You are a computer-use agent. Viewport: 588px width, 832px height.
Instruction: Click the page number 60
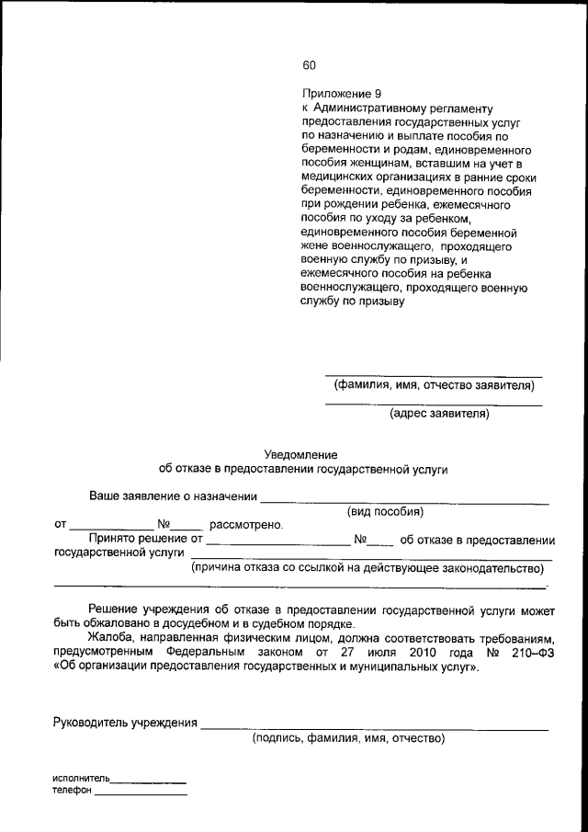309,65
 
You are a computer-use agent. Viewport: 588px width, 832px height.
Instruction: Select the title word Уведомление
301,454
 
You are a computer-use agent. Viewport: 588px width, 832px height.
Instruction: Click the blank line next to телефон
141,793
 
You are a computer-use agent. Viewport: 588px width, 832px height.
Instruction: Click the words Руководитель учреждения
126,723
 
